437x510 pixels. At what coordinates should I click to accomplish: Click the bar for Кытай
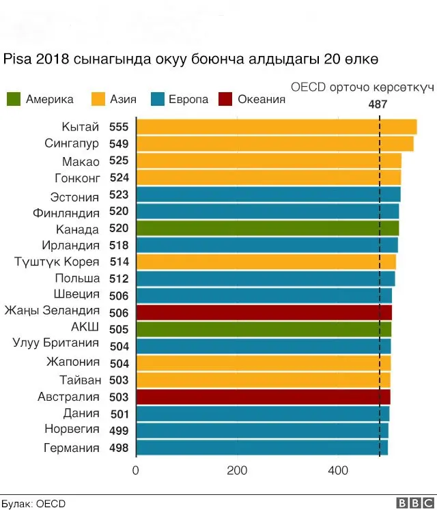coord(277,127)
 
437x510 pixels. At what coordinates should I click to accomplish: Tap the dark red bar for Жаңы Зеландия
coord(264,313)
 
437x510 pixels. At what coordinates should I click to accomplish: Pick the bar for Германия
coord(262,448)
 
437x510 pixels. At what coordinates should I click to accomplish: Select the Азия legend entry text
coord(123,100)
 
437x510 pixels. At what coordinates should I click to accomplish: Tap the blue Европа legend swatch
coord(158,100)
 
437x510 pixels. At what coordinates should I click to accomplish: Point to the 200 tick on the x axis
coord(237,471)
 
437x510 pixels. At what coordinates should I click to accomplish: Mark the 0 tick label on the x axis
coord(136,471)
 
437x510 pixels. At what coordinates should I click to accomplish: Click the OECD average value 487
coord(378,105)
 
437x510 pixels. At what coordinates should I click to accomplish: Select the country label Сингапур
coord(72,144)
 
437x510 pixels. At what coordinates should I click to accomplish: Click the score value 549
coord(119,144)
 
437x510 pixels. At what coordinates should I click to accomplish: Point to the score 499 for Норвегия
coord(119,431)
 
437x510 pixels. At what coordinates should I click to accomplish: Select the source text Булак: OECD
coord(33,503)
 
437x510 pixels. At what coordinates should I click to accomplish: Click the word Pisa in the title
coord(16,59)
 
